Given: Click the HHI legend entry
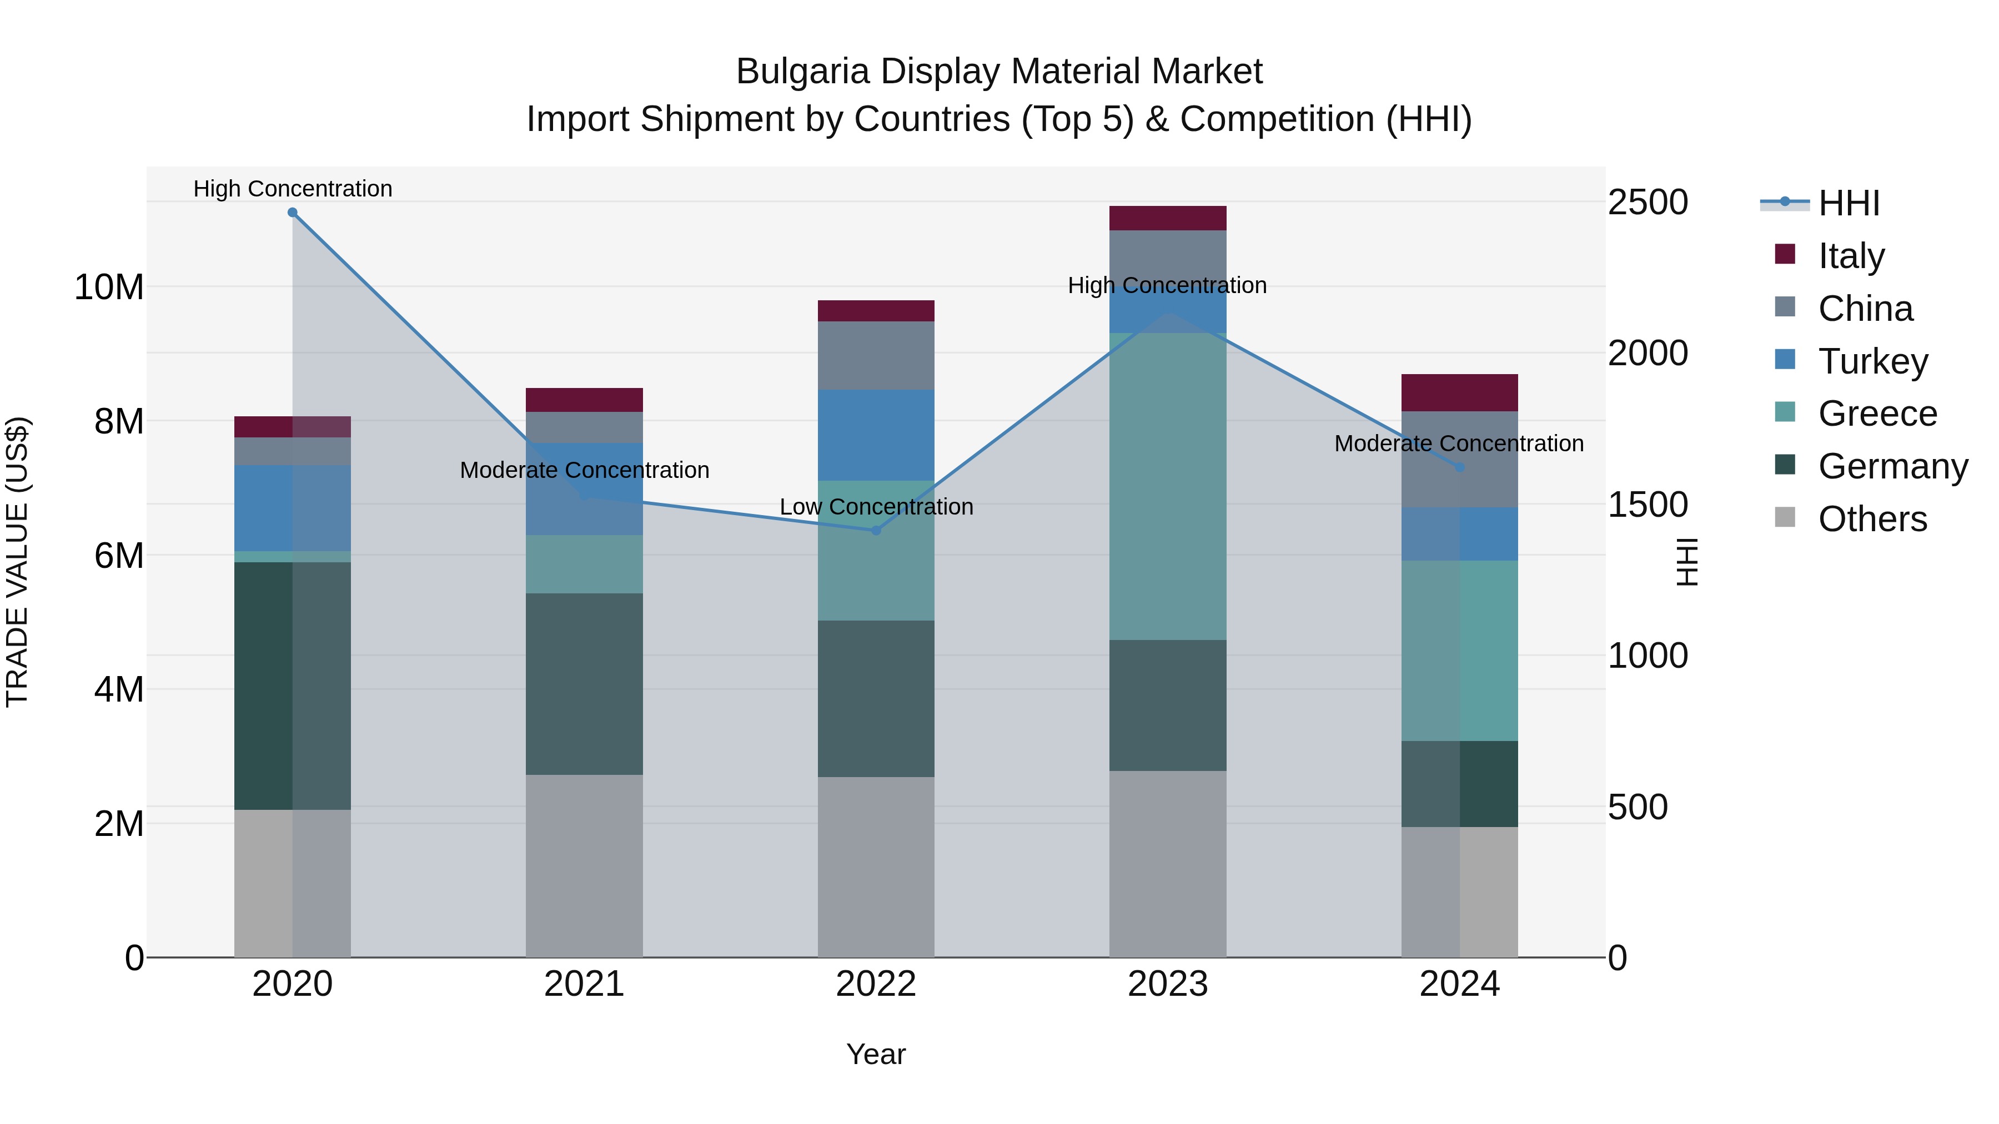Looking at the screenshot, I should (1847, 203).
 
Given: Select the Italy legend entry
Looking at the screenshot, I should (1851, 256).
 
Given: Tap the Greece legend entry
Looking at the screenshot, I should (1876, 414).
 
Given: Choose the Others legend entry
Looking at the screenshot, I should (1872, 519).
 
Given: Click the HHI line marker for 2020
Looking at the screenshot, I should (293, 213).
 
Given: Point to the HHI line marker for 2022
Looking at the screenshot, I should (876, 531).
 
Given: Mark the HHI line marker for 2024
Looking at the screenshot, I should (1460, 467).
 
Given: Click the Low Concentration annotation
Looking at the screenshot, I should (876, 507).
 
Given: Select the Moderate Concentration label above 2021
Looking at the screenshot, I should (584, 470).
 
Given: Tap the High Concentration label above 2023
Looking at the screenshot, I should (1167, 285).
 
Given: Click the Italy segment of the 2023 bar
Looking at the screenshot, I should (1167, 218).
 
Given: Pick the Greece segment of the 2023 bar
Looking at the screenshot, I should (1167, 486).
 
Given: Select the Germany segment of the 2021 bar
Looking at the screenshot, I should (584, 684).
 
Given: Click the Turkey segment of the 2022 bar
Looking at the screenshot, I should (876, 435).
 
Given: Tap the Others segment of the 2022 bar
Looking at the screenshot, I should (876, 866).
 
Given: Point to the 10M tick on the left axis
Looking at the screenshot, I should (109, 288).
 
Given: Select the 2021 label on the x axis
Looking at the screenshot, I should (584, 984).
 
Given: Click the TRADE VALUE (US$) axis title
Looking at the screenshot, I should (18, 562).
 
